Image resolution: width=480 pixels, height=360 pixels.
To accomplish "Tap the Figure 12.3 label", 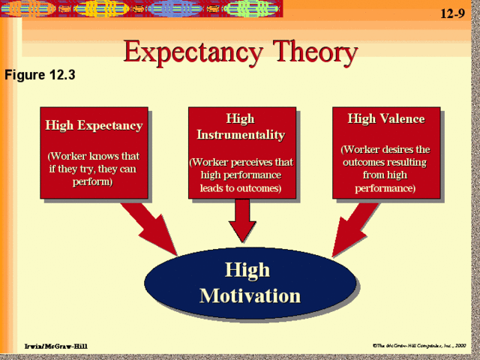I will click(40, 75).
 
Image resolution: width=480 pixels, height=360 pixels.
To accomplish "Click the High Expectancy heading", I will click(94, 125).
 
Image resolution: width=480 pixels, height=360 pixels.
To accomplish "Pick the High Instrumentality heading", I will click(240, 127).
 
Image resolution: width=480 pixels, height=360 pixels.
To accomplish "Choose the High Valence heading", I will click(385, 118).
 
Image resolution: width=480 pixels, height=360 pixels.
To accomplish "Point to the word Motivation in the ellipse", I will click(250, 295).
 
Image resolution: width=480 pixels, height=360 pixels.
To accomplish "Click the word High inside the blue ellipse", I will click(247, 270).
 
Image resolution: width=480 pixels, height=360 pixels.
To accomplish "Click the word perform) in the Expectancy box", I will click(94, 181).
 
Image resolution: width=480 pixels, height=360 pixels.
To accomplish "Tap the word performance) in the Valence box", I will click(385, 187).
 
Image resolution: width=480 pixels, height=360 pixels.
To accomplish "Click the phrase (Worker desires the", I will click(385, 149).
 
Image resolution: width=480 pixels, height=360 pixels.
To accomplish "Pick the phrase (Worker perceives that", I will click(240, 162).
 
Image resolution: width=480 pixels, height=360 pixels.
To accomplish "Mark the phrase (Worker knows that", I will click(94, 156).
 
